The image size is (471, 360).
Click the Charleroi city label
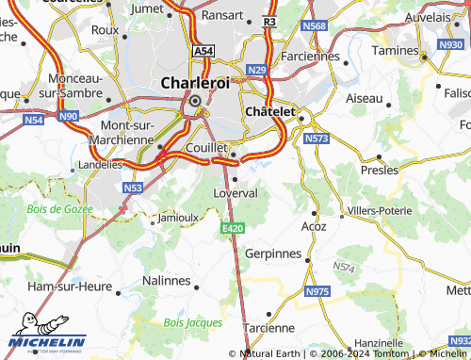point(195,82)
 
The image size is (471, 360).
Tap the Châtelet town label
point(271,111)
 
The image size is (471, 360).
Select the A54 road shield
point(203,50)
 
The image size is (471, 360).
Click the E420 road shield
point(235,228)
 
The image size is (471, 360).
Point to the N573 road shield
point(317,139)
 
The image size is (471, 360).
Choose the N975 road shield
point(317,293)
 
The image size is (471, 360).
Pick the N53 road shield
point(133,188)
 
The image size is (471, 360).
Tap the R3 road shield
point(270,20)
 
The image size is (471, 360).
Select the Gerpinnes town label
point(272,254)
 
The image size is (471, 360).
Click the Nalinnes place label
point(166,281)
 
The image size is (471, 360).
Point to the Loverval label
point(235,192)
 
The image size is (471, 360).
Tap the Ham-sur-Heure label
point(67,286)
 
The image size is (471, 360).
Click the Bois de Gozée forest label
point(57,207)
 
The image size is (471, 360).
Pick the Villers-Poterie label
point(381,209)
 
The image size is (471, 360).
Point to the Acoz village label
point(314,226)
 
